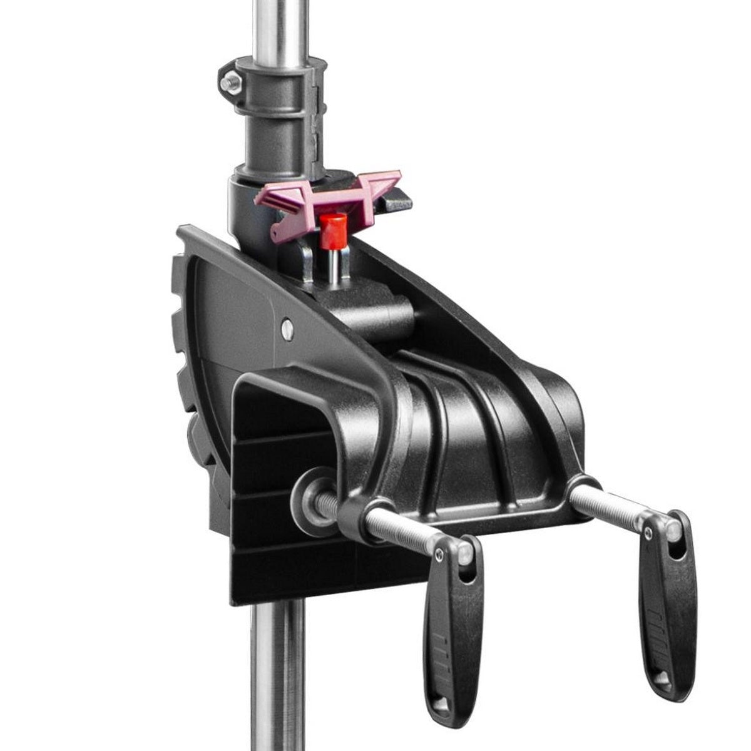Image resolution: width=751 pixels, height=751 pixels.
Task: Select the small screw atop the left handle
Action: point(441,551)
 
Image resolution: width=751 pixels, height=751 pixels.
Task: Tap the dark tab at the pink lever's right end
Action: point(398,203)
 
